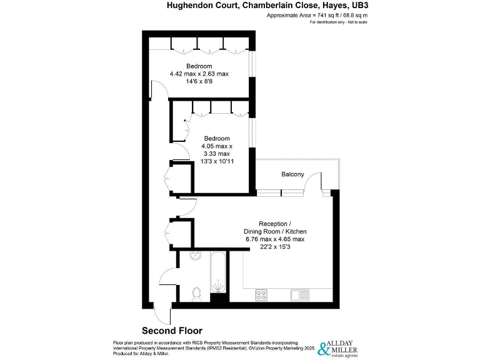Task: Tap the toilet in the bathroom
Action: click(196, 292)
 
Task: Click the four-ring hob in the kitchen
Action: click(261, 294)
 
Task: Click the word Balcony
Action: click(292, 174)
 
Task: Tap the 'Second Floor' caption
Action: click(172, 331)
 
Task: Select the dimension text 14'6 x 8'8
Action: click(199, 81)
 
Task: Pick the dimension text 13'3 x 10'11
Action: click(211, 161)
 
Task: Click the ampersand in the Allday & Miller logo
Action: click(324, 349)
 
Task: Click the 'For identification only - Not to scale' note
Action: click(338, 22)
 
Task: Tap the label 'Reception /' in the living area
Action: click(274, 224)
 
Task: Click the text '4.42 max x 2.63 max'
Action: click(199, 73)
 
